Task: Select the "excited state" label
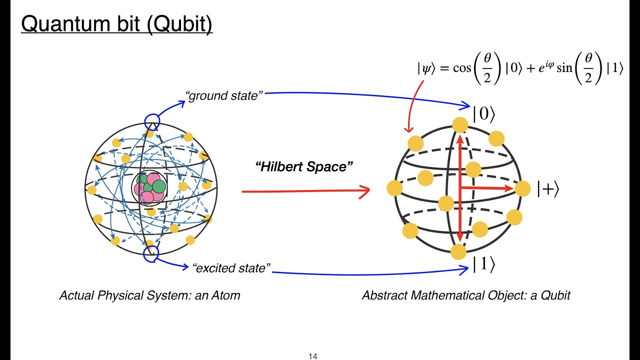pyautogui.click(x=231, y=268)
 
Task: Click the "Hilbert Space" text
pyautogui.click(x=304, y=166)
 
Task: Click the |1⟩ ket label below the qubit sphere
pyautogui.click(x=484, y=265)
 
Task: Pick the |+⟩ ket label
pyautogui.click(x=548, y=189)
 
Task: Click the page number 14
pyautogui.click(x=313, y=356)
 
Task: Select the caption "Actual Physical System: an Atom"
pyautogui.click(x=149, y=295)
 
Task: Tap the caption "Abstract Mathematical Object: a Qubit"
pyautogui.click(x=466, y=295)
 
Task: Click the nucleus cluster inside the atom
pyautogui.click(x=149, y=188)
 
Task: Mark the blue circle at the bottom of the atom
pyautogui.click(x=151, y=253)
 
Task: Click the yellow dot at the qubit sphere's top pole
pyautogui.click(x=459, y=125)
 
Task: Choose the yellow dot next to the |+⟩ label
pyautogui.click(x=522, y=188)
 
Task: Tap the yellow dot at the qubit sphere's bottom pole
pyautogui.click(x=458, y=251)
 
